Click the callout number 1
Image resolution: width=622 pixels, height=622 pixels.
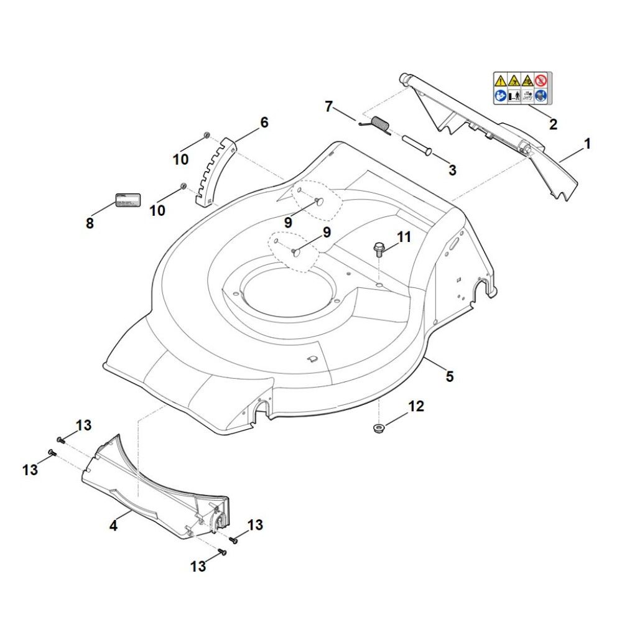point(587,144)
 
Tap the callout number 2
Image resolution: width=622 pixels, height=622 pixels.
point(553,124)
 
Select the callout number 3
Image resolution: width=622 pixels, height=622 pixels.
point(452,169)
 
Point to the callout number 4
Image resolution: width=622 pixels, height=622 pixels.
point(113,526)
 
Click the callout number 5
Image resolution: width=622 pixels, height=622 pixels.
point(450,376)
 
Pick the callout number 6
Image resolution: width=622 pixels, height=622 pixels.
point(264,123)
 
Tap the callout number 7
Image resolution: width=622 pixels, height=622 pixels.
point(329,106)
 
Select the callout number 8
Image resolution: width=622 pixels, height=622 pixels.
point(90,223)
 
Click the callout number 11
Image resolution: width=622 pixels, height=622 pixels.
point(404,236)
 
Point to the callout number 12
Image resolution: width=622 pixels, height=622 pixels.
point(415,406)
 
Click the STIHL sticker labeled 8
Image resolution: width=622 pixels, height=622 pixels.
point(128,200)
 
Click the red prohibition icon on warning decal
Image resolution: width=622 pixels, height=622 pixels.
point(542,80)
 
